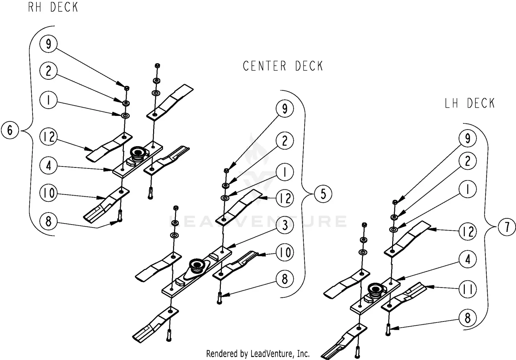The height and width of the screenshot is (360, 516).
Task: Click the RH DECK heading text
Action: click(x=53, y=7)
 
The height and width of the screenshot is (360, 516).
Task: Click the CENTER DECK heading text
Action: click(x=283, y=66)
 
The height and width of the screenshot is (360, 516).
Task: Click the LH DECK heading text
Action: click(x=470, y=103)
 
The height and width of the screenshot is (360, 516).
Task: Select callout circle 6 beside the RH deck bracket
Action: click(x=10, y=130)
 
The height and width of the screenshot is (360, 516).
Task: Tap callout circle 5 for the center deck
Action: click(x=323, y=194)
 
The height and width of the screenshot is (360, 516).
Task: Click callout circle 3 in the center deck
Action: click(x=285, y=226)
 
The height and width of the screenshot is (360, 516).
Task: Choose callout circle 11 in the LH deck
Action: click(x=467, y=289)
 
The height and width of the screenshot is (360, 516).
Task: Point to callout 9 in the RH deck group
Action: click(x=48, y=44)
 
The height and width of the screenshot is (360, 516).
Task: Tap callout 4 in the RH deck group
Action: click(x=49, y=166)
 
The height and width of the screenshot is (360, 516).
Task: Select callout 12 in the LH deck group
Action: click(x=467, y=232)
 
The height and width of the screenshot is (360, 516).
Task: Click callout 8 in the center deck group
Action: click(x=285, y=279)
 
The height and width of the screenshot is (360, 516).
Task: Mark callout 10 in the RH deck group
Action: click(x=49, y=193)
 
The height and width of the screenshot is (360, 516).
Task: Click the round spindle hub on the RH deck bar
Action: click(x=138, y=152)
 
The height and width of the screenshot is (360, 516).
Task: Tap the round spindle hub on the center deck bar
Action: click(x=197, y=265)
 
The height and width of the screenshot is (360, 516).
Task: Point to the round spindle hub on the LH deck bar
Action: click(x=375, y=289)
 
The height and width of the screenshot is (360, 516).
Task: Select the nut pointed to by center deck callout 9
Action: click(x=226, y=171)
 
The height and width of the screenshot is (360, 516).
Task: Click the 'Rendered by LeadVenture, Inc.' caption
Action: click(x=258, y=353)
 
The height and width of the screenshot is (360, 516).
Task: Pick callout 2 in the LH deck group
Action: click(x=467, y=161)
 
